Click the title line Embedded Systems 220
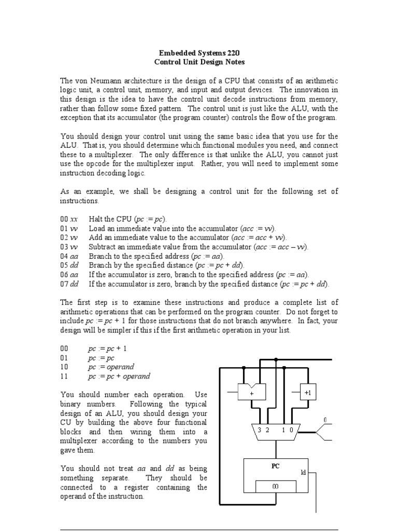click(x=199, y=52)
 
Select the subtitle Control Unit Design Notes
click(x=199, y=62)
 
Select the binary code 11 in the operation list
click(x=64, y=376)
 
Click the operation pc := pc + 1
click(x=107, y=348)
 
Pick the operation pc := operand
click(x=111, y=367)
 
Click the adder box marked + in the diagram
click(x=251, y=393)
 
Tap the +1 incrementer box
click(x=308, y=393)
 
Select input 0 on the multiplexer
click(x=291, y=430)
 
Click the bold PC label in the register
click(x=276, y=466)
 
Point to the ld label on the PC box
click(x=303, y=472)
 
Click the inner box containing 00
click(x=276, y=486)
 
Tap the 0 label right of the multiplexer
click(x=325, y=419)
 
